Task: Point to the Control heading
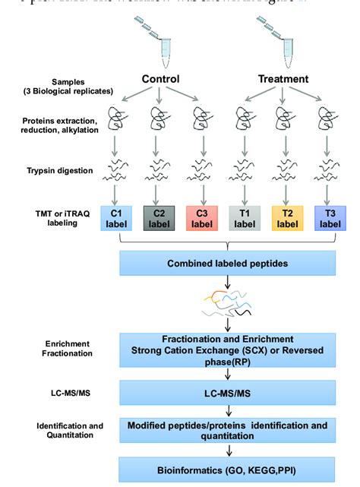pos(160,78)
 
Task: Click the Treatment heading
pos(283,78)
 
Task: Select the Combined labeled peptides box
pos(223,264)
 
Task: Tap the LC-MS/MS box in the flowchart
pos(223,393)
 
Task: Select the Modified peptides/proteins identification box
pos(223,431)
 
